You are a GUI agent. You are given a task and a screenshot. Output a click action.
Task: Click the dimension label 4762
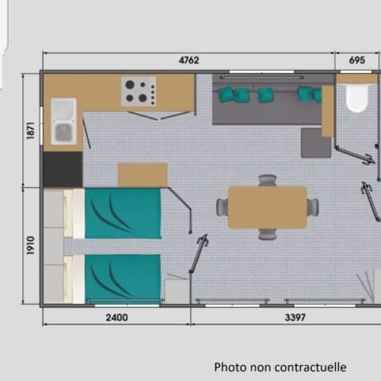click(x=189, y=60)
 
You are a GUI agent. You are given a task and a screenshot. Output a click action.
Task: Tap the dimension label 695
click(x=356, y=60)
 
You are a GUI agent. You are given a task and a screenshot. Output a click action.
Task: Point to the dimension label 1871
click(x=31, y=131)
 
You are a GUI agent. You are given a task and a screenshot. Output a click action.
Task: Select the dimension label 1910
click(x=31, y=246)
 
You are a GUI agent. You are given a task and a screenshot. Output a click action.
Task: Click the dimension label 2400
click(x=116, y=317)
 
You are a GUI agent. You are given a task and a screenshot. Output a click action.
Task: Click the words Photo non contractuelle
click(x=280, y=367)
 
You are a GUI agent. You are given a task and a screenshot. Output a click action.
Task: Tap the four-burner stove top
click(x=139, y=91)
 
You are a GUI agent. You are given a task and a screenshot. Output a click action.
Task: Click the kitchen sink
click(x=63, y=121)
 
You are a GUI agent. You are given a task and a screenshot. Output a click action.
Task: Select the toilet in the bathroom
click(x=356, y=99)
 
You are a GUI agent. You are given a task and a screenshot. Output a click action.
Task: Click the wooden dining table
click(x=267, y=207)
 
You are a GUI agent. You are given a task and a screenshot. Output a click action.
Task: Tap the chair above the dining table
click(x=267, y=180)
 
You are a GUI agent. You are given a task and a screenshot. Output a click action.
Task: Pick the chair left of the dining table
click(x=222, y=207)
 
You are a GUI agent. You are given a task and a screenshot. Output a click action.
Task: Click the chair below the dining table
click(x=267, y=234)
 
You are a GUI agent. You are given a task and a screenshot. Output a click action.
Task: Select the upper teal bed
click(x=122, y=213)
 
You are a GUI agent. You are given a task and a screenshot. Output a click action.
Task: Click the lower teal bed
click(x=122, y=278)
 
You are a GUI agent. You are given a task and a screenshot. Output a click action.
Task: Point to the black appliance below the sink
click(x=63, y=168)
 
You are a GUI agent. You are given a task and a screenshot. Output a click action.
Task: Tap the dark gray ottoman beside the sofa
click(x=316, y=142)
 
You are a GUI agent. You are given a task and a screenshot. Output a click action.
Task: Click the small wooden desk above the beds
click(x=142, y=175)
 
